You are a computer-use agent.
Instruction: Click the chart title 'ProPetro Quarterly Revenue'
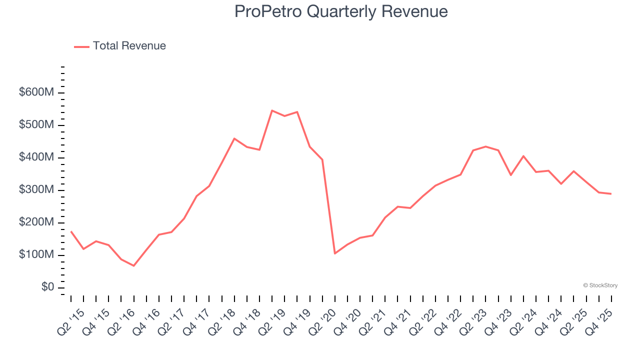point(341,11)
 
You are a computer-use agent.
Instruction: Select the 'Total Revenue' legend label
point(129,46)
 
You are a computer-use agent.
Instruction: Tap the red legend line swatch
point(81,46)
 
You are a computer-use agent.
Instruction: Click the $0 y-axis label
point(47,287)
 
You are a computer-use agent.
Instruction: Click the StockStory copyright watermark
point(600,285)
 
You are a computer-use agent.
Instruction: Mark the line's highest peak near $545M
point(272,110)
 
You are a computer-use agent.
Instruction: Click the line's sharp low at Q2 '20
point(335,253)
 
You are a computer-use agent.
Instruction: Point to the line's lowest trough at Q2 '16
point(133,265)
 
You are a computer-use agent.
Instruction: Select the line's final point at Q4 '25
point(611,194)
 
